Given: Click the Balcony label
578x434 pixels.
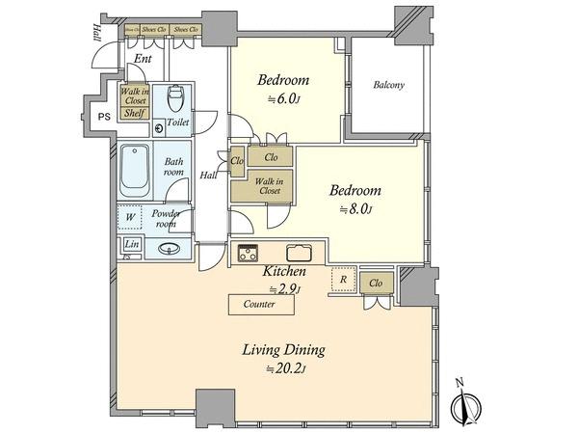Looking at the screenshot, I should [x=388, y=85].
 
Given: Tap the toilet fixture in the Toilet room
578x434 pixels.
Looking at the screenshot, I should [x=175, y=99].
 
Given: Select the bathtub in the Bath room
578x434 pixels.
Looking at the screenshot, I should [x=135, y=170].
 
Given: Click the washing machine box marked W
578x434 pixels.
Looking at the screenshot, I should [x=130, y=217].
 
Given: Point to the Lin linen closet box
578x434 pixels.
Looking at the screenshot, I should [x=131, y=245].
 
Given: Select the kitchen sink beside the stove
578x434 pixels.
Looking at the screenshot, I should [x=298, y=255].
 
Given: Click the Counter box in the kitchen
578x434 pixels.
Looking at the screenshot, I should [x=260, y=305].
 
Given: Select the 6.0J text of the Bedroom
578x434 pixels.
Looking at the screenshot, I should [x=276, y=98].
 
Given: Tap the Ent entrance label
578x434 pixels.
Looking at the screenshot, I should [x=143, y=59].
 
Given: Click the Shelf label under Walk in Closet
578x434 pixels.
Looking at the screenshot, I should [x=133, y=113].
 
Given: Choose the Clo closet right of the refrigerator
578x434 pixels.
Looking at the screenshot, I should [x=376, y=283].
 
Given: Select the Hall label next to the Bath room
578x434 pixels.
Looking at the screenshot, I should [x=207, y=176].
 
